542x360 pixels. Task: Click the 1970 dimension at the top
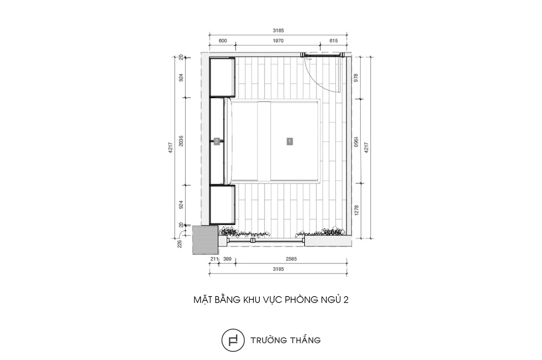point(278,41)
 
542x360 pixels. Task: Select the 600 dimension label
point(223,41)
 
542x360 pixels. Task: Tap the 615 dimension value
point(333,41)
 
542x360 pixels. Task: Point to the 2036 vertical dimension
point(181,141)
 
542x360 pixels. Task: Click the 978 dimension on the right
point(356,78)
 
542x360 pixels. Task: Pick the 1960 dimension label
point(356,142)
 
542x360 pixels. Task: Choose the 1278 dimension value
point(356,210)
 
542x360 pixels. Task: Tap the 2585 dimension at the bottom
point(291,259)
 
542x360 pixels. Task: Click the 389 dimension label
point(227,259)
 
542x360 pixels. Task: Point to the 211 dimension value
point(214,259)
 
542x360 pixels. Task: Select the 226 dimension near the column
point(180,244)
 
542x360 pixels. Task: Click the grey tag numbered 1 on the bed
point(290,141)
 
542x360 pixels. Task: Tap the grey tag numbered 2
point(216,141)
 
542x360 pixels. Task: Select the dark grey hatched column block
point(206,240)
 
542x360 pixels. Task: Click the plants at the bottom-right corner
point(320,232)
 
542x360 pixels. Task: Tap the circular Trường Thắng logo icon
point(233,340)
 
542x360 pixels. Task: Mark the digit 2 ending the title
point(346,300)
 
